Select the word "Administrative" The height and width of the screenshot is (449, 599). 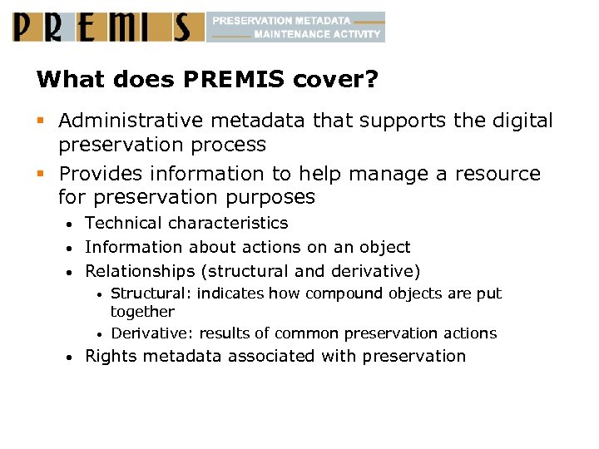(121, 121)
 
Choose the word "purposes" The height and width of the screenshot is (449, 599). (270, 198)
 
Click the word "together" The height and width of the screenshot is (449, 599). (142, 312)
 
